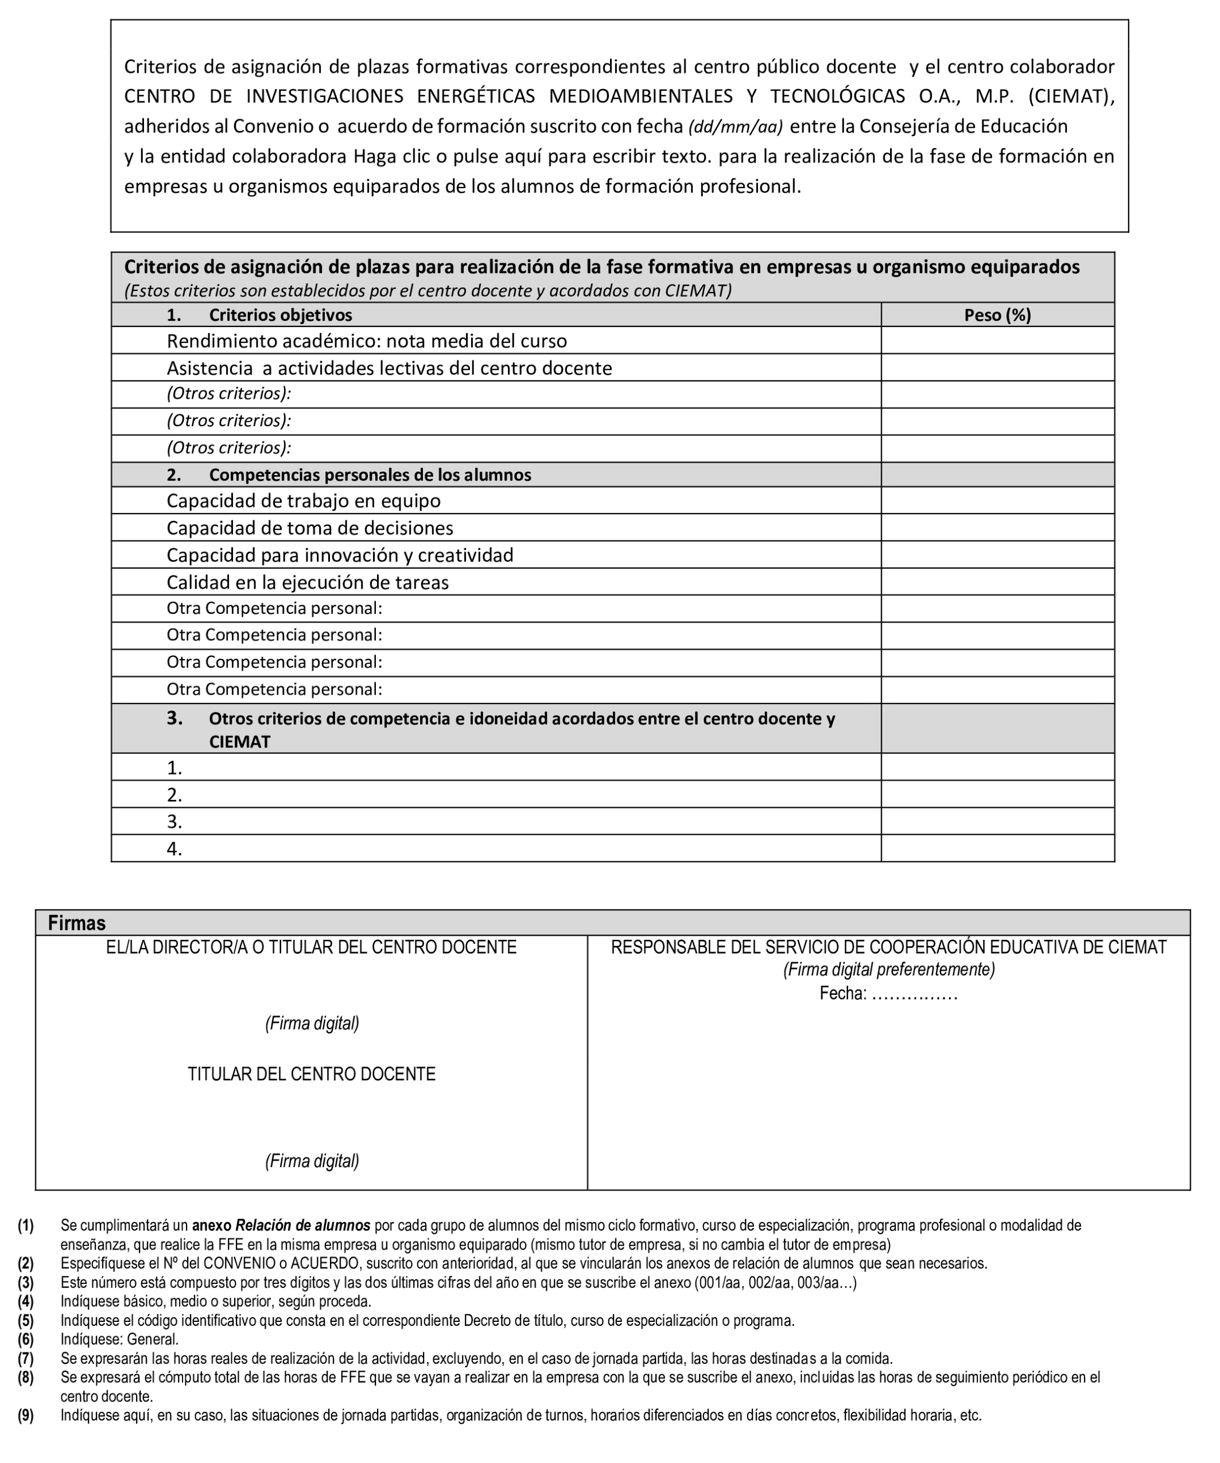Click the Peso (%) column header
pos(997,315)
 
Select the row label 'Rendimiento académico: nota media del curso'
pos(367,341)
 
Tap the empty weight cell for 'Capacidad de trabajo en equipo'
pos(997,500)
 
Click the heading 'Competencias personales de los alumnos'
pos(370,475)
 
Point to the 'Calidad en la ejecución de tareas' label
pos(307,582)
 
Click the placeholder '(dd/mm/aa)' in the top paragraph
pos(735,127)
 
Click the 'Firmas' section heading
pos(77,923)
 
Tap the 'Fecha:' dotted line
pos(914,994)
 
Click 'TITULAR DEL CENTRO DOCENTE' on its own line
pos(312,1074)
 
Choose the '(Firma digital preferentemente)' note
pos(888,970)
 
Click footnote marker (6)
pos(26,1339)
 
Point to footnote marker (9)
pos(26,1415)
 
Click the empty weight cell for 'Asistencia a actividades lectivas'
pos(997,367)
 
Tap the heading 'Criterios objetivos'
pos(280,315)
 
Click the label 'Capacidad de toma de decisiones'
pos(309,528)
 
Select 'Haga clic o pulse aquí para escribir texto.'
pos(533,156)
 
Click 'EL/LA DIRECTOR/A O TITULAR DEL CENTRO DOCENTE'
pos(312,947)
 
